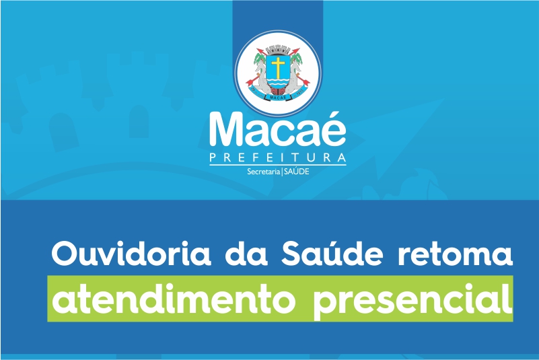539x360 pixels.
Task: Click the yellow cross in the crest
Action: [278, 67]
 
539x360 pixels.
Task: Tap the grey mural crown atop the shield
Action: [278, 49]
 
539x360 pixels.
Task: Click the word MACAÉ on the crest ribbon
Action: [278, 97]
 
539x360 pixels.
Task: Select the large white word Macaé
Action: [278, 128]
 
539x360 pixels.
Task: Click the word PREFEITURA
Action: [278, 158]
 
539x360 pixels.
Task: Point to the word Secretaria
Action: [264, 172]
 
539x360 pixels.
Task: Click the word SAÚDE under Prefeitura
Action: [297, 171]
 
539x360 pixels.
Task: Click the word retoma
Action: [455, 256]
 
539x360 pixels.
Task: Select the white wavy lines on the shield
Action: [278, 83]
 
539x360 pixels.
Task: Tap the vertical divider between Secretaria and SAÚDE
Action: [282, 171]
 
